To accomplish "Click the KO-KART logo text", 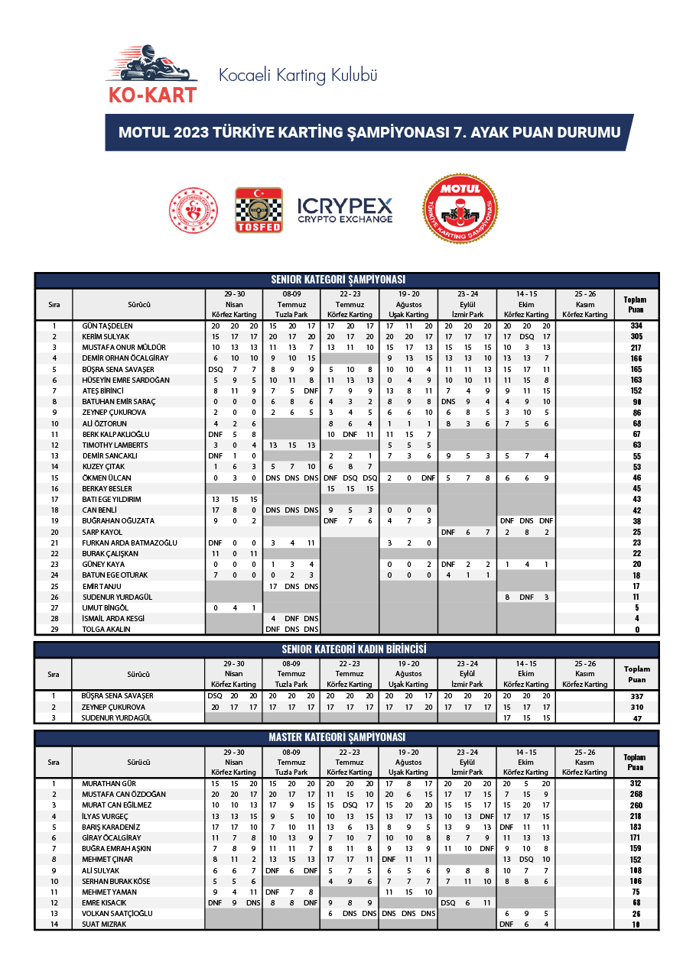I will point(151,95).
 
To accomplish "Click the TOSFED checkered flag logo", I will point(259,209).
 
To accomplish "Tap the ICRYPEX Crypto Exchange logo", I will point(344,210).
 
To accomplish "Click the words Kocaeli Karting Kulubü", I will point(298,76).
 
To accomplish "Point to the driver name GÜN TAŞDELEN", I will point(107,325).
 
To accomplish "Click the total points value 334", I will point(636,325).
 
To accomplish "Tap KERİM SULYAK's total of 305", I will point(636,336).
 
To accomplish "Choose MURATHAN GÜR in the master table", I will point(109,783).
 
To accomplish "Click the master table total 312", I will point(636,783).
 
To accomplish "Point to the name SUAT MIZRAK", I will point(105,924).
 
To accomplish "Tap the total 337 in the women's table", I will point(636,696).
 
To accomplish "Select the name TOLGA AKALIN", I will point(106,630).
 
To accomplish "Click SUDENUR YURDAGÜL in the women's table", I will point(117,717).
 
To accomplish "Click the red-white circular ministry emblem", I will point(193,209).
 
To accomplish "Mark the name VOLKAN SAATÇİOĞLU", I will point(117,913).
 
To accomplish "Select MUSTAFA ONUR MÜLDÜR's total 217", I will point(636,347).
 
